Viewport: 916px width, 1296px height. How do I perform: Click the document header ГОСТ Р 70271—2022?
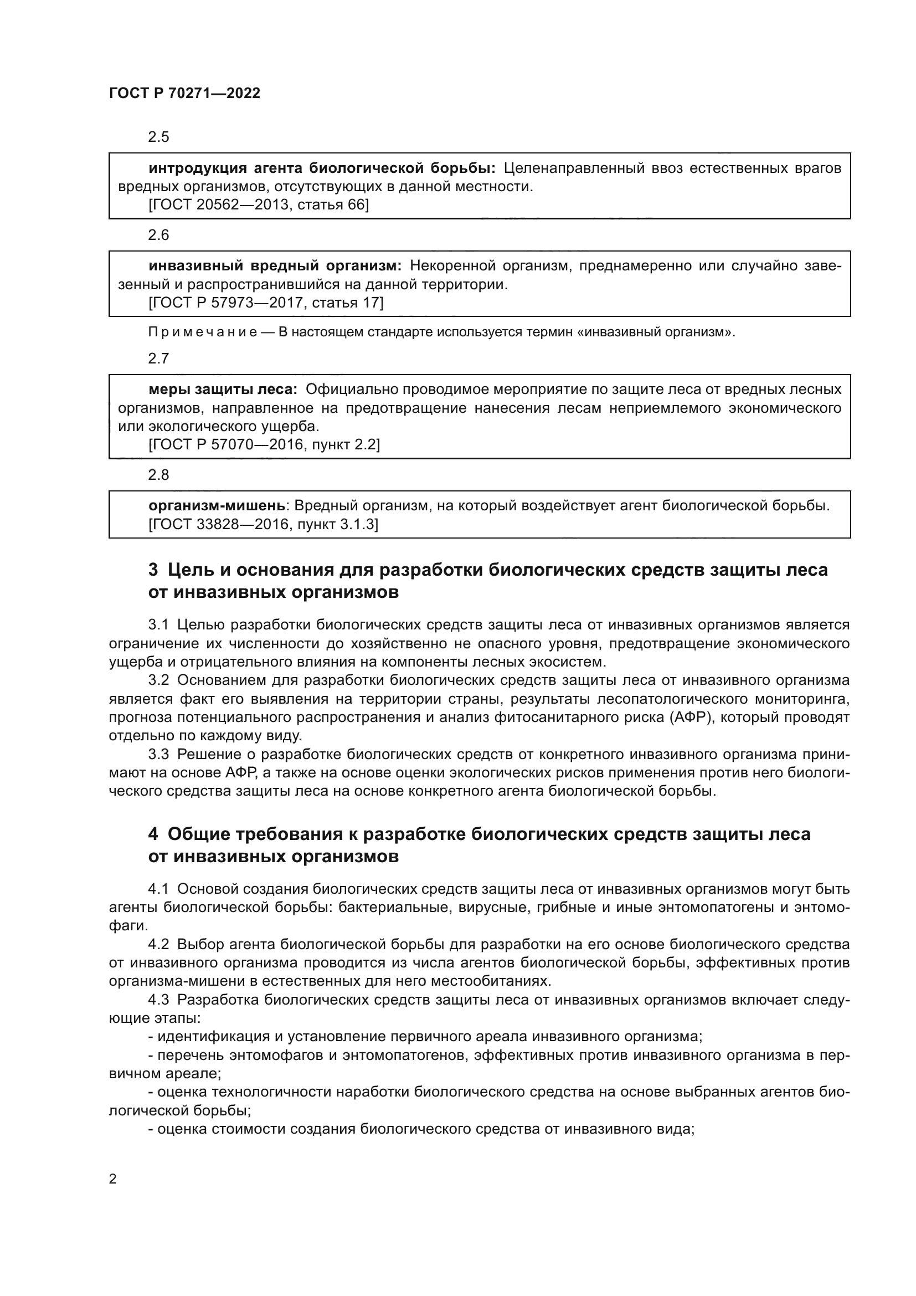pos(184,94)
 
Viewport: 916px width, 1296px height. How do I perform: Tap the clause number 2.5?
pos(158,137)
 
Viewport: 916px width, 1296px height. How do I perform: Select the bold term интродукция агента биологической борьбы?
pos(322,168)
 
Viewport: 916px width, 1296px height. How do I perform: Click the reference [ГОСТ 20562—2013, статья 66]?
pos(258,205)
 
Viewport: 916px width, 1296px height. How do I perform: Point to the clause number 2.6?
pos(158,235)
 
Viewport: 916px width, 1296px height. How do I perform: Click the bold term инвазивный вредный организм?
pos(275,266)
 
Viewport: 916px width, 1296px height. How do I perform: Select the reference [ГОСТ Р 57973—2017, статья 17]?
pos(266,303)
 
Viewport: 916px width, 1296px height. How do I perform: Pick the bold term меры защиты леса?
pos(222,390)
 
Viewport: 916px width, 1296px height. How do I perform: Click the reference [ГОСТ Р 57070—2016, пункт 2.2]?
pos(264,445)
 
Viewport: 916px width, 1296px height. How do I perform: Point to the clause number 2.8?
pos(158,475)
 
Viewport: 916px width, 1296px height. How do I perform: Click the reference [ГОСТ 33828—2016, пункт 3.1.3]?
pos(263,524)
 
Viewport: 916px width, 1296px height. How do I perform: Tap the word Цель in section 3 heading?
pos(189,570)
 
